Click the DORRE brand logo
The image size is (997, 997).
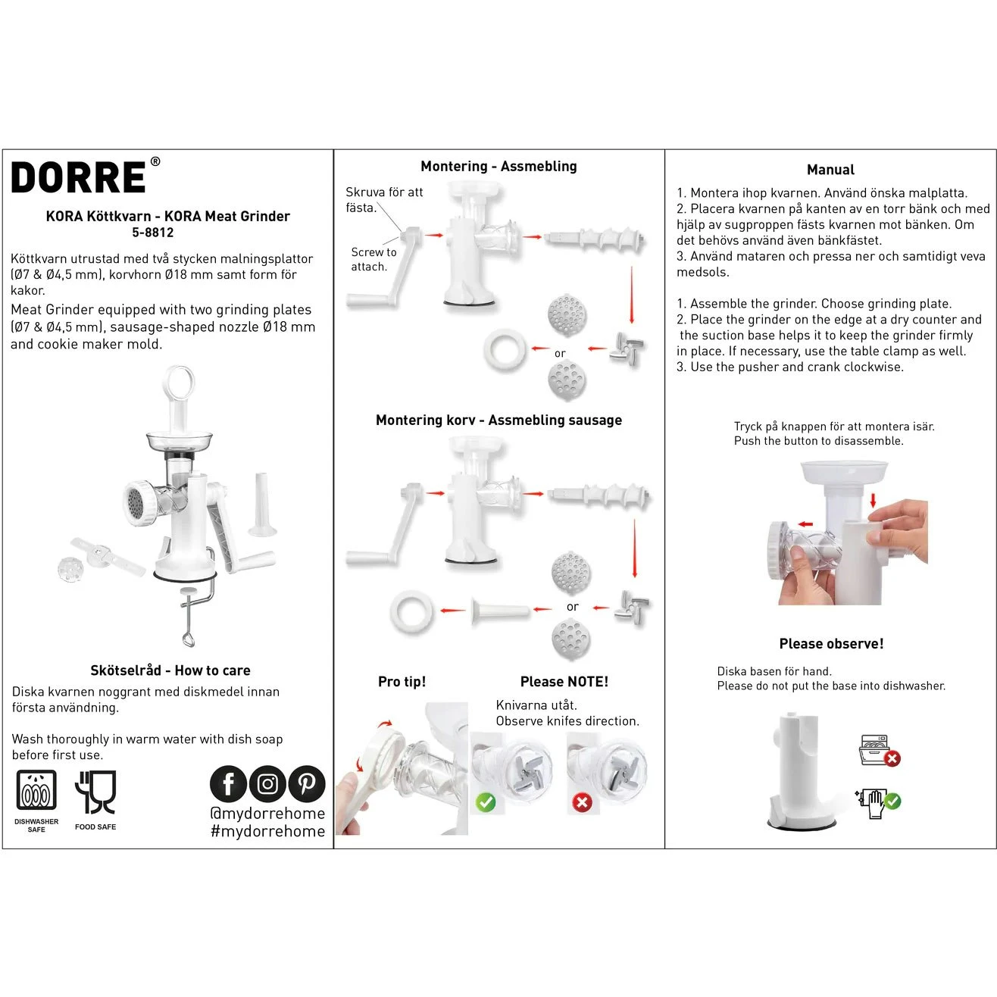pos(80,178)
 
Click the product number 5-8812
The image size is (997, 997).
pos(153,233)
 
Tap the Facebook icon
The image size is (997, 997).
pos(228,784)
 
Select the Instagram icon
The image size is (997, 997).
pos(267,784)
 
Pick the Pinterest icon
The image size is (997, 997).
pos(307,784)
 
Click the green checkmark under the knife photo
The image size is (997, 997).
pos(486,802)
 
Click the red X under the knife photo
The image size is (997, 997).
pos(582,802)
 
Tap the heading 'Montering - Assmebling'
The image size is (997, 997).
pos(498,167)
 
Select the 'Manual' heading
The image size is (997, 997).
pos(830,170)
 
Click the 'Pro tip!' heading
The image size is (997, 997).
pos(402,682)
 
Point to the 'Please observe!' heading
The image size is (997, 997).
pos(831,644)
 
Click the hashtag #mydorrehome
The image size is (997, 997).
pos(267,831)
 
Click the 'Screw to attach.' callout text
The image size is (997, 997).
pos(373,259)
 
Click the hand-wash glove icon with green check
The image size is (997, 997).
pos(879,802)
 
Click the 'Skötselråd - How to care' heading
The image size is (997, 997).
pos(170,670)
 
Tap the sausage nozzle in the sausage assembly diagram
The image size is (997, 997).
pos(500,611)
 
